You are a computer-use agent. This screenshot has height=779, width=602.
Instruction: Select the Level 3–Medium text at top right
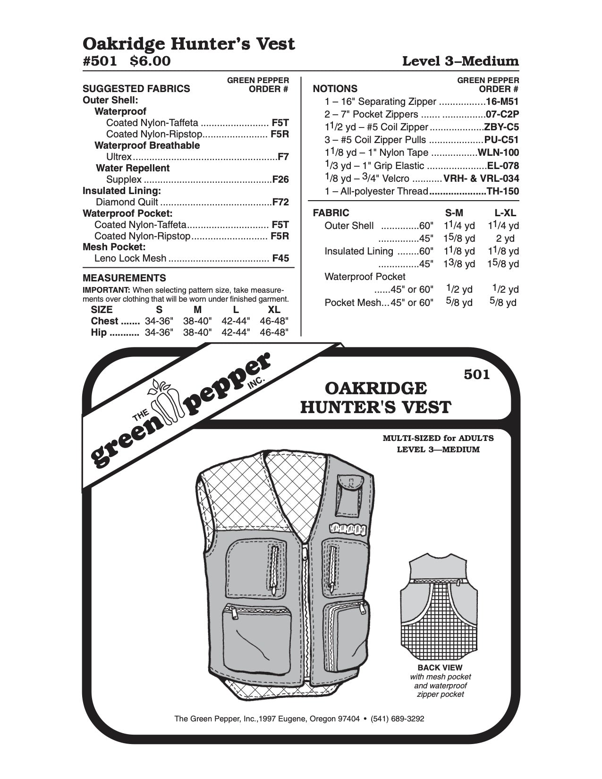point(460,61)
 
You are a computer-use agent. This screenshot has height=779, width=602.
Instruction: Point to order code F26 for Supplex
point(280,179)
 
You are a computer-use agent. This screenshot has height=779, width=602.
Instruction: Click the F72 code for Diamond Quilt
point(280,202)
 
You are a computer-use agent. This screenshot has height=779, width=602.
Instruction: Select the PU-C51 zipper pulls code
point(501,140)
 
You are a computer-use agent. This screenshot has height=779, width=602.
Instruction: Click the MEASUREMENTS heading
point(124,278)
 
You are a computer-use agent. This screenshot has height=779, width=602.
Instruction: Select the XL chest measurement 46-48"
point(274,321)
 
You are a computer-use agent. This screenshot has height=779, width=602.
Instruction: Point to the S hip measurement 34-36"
point(160,332)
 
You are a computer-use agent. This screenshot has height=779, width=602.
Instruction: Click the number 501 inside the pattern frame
point(477,374)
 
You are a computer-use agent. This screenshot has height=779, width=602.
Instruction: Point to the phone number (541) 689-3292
point(398,719)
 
